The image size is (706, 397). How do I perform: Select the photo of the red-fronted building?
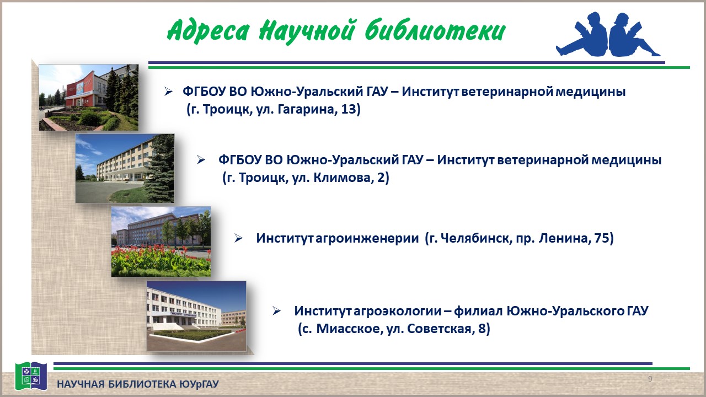point(88,98)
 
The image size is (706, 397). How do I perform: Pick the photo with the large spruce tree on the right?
point(125,168)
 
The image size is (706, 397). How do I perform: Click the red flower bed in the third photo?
point(161,259)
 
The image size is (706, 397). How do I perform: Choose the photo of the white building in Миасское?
point(196,316)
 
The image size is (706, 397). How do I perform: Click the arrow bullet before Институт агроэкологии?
point(277,311)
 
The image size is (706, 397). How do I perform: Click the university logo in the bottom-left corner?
point(26,375)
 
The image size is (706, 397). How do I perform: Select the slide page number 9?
point(650,379)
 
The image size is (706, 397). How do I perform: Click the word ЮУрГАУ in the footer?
point(199,384)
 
